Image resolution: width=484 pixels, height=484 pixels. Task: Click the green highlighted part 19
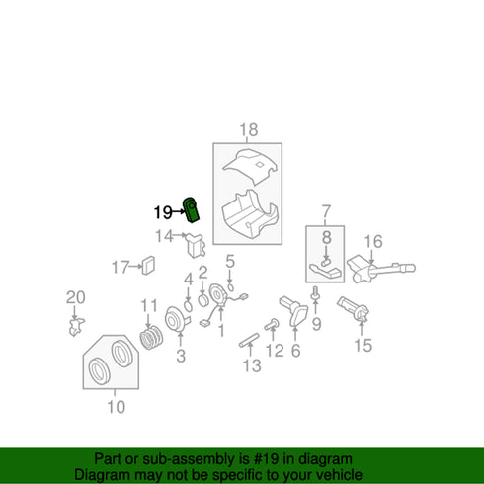coord(191,209)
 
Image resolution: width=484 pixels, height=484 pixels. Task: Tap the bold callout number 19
coord(163,212)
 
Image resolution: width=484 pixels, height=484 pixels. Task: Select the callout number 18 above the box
coord(249,130)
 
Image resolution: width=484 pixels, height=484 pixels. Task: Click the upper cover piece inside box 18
coord(251,165)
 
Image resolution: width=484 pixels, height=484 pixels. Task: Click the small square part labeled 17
coord(148,265)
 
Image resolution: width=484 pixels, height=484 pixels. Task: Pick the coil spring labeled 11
coord(151,338)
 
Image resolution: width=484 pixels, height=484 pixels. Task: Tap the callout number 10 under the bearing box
coord(117,407)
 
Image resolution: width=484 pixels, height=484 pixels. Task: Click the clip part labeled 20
coord(76,327)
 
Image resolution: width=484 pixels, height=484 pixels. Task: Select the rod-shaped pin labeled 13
coord(249,340)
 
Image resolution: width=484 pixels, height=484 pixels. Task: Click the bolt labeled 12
coord(272,325)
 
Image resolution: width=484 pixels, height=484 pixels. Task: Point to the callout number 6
coord(296,351)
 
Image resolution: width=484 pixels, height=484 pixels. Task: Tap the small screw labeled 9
coord(315,293)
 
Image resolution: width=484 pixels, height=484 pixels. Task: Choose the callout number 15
coord(363,345)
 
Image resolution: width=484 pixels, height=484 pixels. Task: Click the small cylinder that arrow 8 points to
coord(326,262)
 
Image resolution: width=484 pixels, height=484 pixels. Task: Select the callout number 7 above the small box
coord(326,211)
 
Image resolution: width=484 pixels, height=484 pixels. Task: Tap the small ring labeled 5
coord(231,287)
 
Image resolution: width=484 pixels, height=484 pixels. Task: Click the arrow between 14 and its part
coord(180,235)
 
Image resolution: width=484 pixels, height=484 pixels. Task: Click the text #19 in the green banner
coord(264,459)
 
